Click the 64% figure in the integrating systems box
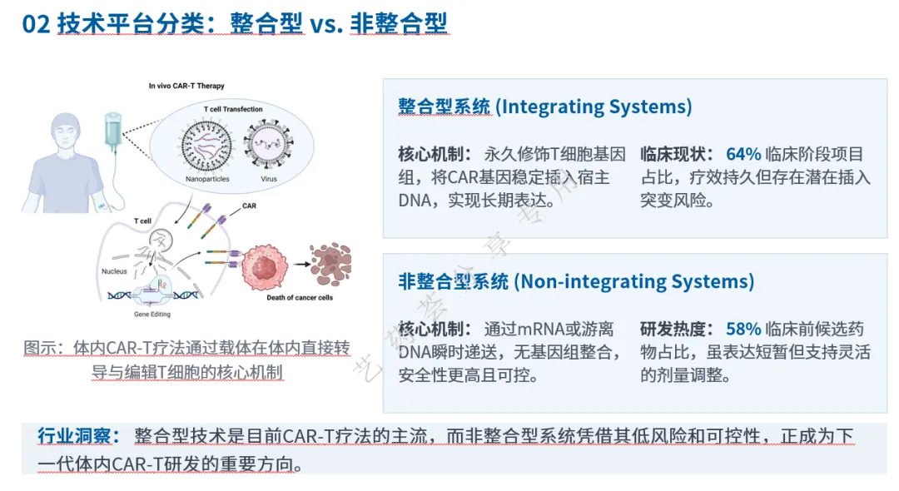[743, 154]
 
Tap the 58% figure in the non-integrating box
[743, 329]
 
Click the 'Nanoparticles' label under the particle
[207, 179]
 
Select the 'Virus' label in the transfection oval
[268, 179]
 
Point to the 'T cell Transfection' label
[233, 109]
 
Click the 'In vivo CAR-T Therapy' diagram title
[186, 86]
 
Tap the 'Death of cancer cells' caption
[300, 297]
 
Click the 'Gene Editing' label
[152, 314]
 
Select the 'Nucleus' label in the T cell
[114, 271]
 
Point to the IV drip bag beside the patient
[112, 128]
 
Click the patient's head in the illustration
[65, 131]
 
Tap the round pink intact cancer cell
[265, 268]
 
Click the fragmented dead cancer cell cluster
[330, 264]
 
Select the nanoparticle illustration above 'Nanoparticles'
[206, 146]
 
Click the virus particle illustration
[268, 144]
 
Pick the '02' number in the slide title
[36, 24]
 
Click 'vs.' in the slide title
[326, 25]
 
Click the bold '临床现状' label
[673, 154]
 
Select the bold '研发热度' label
[673, 329]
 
